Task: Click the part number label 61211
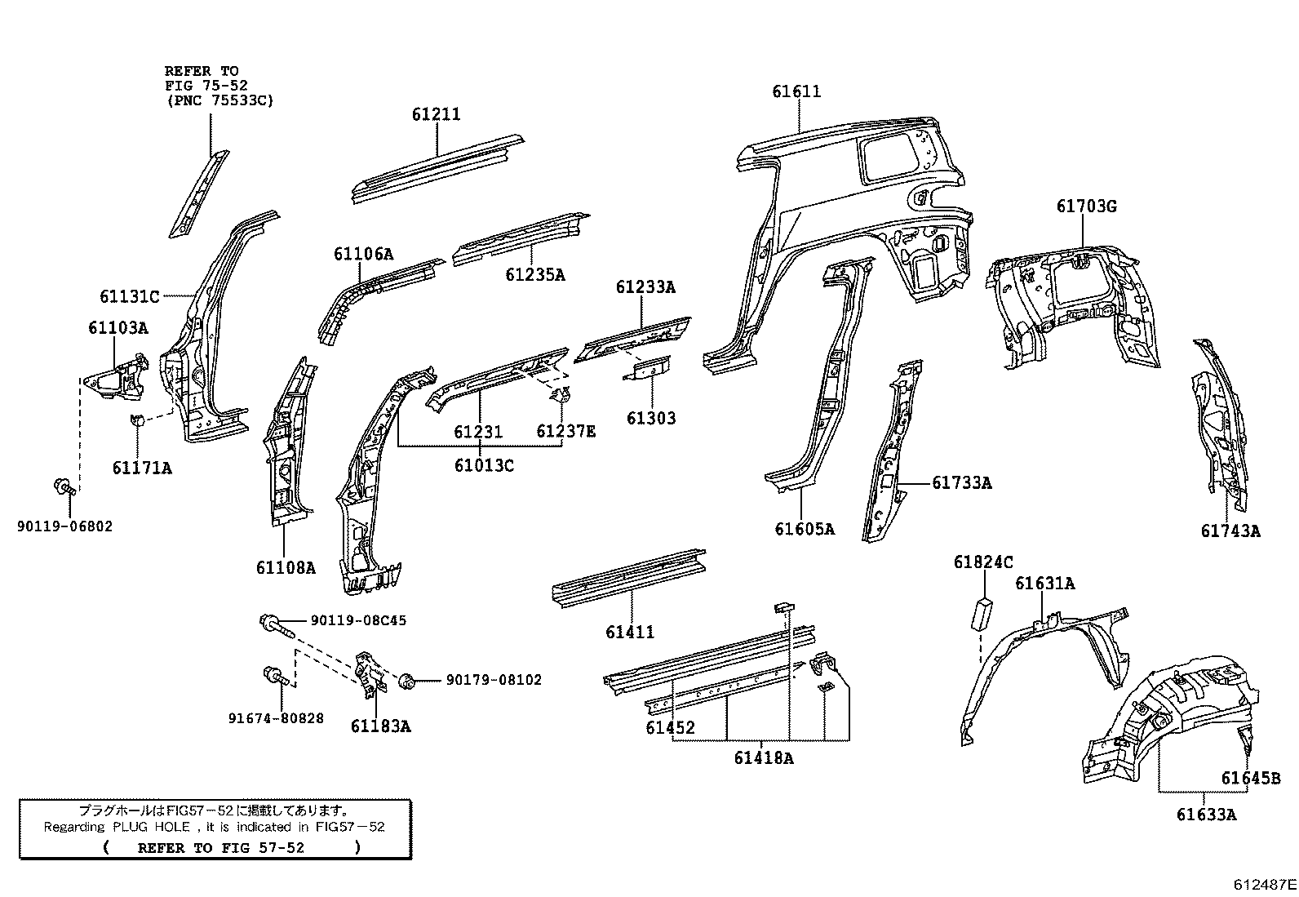tap(436, 115)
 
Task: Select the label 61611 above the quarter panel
tap(796, 92)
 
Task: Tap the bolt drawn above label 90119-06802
tap(65, 487)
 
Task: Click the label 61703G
tap(1086, 206)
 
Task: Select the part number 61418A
tap(763, 758)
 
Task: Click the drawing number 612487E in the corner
tap(1264, 884)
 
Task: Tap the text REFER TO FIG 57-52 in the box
tap(220, 848)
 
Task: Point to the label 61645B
tap(1250, 779)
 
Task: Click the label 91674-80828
tap(276, 718)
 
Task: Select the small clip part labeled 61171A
tap(138, 421)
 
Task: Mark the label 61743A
tap(1230, 531)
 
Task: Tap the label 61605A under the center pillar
tap(804, 530)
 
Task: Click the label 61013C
tap(484, 466)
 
